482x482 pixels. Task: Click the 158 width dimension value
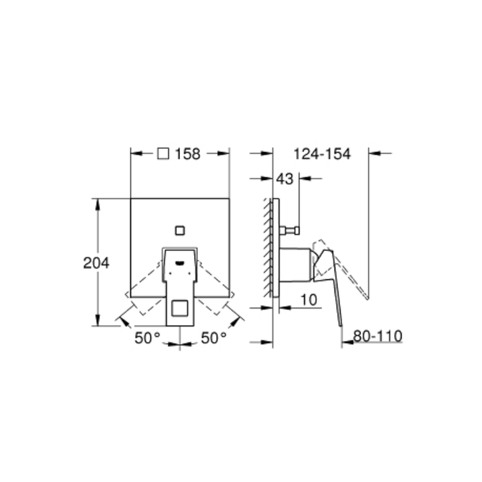pos(187,154)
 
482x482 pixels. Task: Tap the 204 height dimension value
pos(96,263)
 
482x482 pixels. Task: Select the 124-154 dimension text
pos(322,154)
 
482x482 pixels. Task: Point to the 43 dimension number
pos(285,179)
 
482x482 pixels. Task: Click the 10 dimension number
pos(308,300)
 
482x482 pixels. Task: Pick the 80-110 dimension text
pos(378,336)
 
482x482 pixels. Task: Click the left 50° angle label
pos(147,338)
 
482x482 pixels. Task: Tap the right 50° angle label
pos(214,338)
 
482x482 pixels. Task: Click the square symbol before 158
pos(163,154)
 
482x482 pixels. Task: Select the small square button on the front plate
pos(180,230)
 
